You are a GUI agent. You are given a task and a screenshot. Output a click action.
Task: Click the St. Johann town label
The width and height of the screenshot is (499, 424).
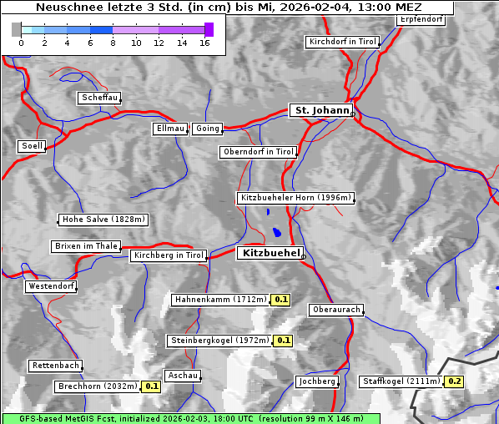point(320,110)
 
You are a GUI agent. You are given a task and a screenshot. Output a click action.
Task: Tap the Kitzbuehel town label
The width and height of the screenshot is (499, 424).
point(269,253)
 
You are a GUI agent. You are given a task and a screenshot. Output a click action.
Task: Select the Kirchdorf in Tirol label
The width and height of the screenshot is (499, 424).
point(343,41)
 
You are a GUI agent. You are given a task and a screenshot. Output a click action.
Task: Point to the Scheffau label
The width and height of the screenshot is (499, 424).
point(99,98)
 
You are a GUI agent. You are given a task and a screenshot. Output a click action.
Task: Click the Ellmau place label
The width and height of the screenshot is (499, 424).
point(170,129)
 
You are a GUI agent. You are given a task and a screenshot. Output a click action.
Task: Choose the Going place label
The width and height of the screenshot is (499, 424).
point(207,129)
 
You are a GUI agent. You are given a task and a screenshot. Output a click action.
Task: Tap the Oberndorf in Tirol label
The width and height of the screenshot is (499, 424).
point(258,152)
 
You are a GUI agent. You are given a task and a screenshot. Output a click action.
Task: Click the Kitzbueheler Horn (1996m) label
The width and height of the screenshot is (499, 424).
point(295,199)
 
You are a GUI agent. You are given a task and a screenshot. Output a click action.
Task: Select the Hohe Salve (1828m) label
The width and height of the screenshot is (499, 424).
point(103,220)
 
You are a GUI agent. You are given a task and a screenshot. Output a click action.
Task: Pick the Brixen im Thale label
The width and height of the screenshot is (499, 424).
point(86,246)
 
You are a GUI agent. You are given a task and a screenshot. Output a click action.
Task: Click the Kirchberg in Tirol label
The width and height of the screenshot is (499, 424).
point(169,255)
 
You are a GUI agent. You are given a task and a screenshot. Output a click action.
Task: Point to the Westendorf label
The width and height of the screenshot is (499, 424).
point(51,286)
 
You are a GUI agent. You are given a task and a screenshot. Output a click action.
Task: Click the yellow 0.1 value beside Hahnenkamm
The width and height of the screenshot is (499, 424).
point(281,300)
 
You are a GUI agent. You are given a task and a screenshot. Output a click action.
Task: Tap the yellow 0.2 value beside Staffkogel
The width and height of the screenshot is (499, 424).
point(454,381)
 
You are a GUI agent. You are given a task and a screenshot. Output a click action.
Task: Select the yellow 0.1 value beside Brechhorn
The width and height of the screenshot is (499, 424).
point(151,386)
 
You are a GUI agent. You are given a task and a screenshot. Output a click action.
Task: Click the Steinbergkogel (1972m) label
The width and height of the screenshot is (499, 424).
point(219,341)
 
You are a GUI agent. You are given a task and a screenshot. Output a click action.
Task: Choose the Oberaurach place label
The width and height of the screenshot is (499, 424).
point(335,310)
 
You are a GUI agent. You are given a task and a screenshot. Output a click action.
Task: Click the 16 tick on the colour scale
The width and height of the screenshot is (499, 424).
point(204,43)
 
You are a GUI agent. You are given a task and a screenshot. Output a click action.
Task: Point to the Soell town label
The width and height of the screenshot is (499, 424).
point(32,146)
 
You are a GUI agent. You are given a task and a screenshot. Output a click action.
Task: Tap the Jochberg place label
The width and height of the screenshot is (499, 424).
point(317,381)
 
